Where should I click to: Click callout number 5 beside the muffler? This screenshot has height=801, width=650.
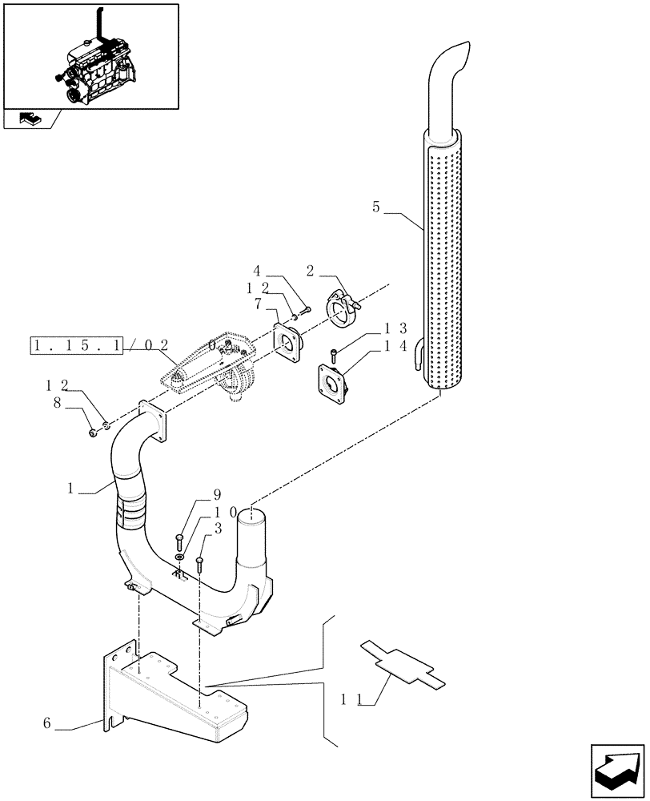coord(376,207)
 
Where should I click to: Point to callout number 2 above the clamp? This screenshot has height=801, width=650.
coord(310,271)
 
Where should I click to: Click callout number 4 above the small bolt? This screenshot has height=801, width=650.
coord(257,271)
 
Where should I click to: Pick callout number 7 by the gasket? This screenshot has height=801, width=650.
coord(257,304)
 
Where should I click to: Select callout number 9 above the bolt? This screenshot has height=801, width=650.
coord(194,495)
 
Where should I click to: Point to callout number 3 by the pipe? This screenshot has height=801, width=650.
coord(216,529)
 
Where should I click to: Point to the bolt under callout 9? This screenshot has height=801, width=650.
coord(179,541)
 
